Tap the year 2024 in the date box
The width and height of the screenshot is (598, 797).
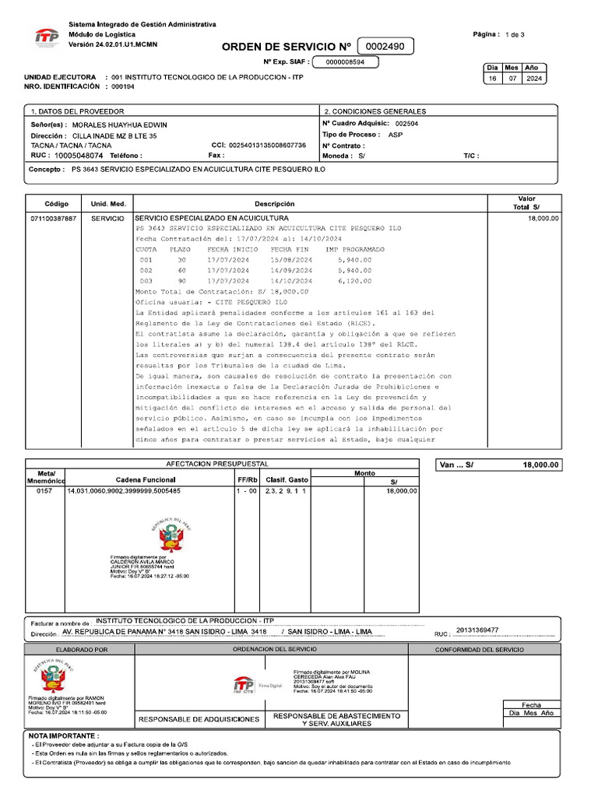pyautogui.click(x=535, y=79)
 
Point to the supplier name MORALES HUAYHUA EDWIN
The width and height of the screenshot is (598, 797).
pyautogui.click(x=121, y=125)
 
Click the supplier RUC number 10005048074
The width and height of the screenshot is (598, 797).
pyautogui.click(x=80, y=156)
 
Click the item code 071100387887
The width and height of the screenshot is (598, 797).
pyautogui.click(x=54, y=219)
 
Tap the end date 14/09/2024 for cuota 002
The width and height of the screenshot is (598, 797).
pyautogui.click(x=291, y=270)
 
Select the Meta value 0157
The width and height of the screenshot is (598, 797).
pyautogui.click(x=44, y=491)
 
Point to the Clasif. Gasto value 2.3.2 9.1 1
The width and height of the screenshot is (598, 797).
pyautogui.click(x=286, y=491)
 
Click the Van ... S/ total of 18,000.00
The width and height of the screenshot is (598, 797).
pyautogui.click(x=540, y=465)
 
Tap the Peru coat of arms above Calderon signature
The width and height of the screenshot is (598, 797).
pyautogui.click(x=165, y=535)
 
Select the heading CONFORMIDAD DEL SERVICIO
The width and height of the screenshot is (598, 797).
pyautogui.click(x=479, y=649)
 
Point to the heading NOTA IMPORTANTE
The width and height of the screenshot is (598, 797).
pyautogui.click(x=64, y=736)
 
